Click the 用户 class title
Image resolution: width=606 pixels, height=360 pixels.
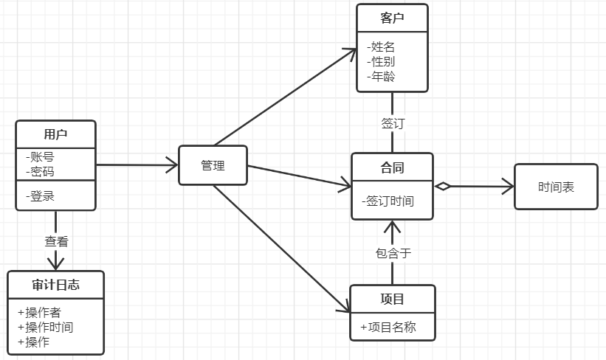[x=55, y=134]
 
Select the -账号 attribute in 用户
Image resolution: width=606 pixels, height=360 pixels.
[x=40, y=157]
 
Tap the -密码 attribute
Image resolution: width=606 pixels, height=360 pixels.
[x=40, y=171]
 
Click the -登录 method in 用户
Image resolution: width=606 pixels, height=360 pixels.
[x=40, y=196]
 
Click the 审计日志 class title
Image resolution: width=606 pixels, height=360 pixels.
[x=55, y=285]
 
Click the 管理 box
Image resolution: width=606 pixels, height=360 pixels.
[x=213, y=165]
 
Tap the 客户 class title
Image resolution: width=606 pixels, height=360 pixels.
[x=392, y=18]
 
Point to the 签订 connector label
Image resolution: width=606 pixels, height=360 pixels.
[x=393, y=123]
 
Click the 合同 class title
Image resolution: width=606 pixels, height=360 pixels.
[x=392, y=167]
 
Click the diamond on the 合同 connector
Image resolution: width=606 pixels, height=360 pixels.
[x=442, y=187]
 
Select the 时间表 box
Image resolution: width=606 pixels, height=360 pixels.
[x=556, y=187]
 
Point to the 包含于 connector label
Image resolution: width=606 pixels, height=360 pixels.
[x=393, y=253]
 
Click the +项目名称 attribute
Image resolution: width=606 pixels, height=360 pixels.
[x=388, y=327]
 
